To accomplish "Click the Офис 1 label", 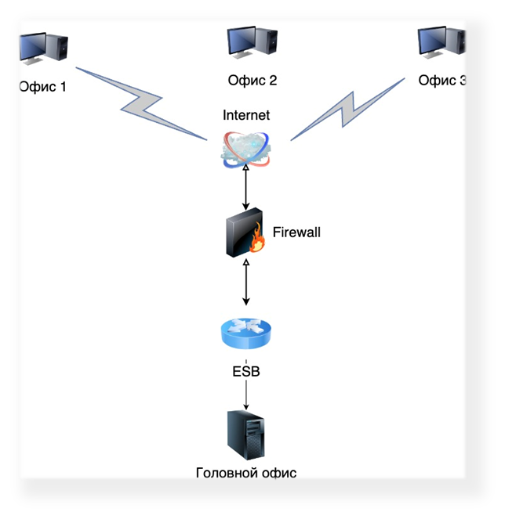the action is click(x=43, y=87).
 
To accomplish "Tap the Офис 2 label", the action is click(x=252, y=81).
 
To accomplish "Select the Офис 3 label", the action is click(x=441, y=81).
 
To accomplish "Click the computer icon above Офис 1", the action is click(x=44, y=49).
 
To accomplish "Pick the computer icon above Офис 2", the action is click(x=252, y=42).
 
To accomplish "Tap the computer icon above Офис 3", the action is click(x=441, y=42).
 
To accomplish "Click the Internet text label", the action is click(x=246, y=115).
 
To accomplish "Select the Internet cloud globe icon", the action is click(x=245, y=150).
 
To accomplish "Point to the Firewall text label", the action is click(x=296, y=232).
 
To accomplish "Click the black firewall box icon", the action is click(x=245, y=232).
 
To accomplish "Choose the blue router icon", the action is click(x=245, y=333).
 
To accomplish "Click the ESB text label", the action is click(x=246, y=371).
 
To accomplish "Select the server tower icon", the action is click(x=246, y=435).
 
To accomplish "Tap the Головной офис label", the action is click(x=246, y=473).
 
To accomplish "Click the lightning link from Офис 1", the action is click(x=142, y=104).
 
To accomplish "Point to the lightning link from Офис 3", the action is click(x=348, y=110).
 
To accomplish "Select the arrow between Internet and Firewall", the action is click(x=245, y=188).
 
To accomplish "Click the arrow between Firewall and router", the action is click(x=246, y=282).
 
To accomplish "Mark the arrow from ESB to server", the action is click(x=246, y=395).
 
